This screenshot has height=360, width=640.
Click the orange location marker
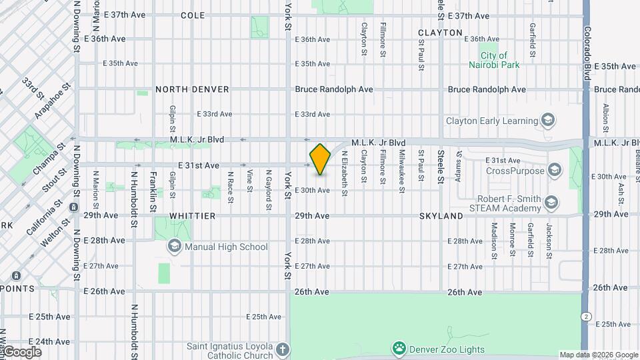[321, 159]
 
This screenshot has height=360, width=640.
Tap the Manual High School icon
[174, 247]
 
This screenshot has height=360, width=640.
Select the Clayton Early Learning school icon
[548, 121]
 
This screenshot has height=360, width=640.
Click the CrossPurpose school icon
[554, 171]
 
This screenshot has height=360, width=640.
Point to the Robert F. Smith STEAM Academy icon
[551, 202]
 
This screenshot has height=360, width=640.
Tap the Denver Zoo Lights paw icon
[399, 347]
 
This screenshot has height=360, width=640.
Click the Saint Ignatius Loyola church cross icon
[283, 349]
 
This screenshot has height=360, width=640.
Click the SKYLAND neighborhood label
[441, 217]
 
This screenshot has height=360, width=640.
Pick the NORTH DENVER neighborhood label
[192, 89]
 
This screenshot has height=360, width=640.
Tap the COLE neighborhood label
[193, 15]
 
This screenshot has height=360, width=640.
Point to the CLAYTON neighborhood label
[440, 32]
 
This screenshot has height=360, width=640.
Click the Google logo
[22, 351]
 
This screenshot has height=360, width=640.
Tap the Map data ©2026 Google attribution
[598, 355]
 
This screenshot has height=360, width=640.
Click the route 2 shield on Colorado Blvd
[585, 315]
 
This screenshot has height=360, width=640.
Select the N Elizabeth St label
[345, 173]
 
